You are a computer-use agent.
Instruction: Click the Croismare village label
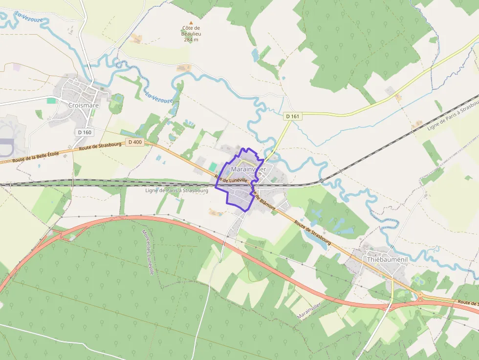[x=84, y=105]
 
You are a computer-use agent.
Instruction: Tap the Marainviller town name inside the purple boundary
[x=248, y=169]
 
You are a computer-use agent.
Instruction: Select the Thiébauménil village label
[x=387, y=260]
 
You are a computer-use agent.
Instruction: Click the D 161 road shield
[x=292, y=116]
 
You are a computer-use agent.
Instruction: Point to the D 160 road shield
[x=84, y=132]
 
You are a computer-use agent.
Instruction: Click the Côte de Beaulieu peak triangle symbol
[x=191, y=23]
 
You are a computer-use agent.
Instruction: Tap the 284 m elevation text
[x=191, y=40]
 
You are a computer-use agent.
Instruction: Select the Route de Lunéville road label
[x=234, y=179]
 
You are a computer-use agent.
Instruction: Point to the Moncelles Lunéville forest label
[x=148, y=252]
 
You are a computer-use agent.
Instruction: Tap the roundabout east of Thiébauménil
[x=420, y=296]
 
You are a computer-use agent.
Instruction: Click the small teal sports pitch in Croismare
[x=51, y=101]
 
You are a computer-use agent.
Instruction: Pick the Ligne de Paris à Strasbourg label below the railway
[x=176, y=191]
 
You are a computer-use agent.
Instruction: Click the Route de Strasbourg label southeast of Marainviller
[x=313, y=233]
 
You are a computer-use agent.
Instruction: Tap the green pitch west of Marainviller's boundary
[x=213, y=167]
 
